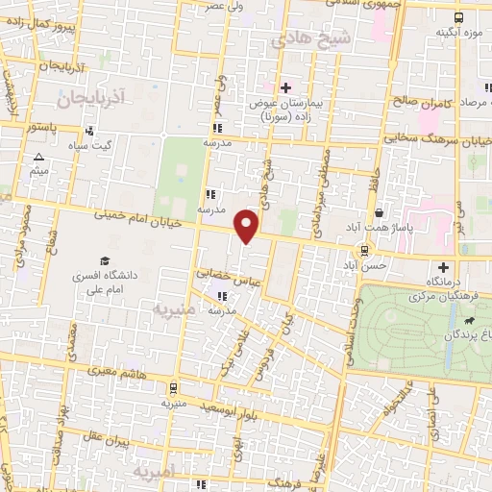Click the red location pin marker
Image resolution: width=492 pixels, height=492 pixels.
tap(246, 227)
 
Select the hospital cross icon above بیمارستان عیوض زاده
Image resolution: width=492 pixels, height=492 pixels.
tap(285, 87)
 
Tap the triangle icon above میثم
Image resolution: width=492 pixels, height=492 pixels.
tap(38, 157)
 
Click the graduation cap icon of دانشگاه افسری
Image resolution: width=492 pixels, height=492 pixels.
tap(104, 260)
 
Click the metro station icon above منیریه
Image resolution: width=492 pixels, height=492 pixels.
tap(172, 388)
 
